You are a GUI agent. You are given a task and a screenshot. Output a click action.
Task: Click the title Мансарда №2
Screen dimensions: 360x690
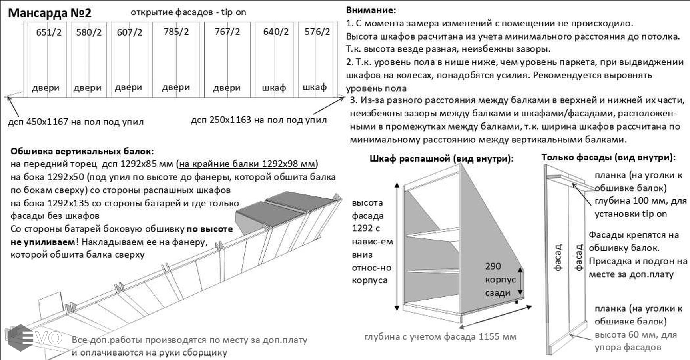click(x=50, y=13)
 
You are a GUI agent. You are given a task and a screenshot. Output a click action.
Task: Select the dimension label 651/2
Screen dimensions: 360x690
click(x=49, y=32)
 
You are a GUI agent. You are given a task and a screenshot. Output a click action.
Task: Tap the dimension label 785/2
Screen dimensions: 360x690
click(x=176, y=32)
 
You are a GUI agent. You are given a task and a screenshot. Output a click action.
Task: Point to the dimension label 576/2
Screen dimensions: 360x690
click(x=317, y=32)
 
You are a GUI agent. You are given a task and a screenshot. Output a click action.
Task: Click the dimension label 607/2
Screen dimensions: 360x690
click(x=129, y=32)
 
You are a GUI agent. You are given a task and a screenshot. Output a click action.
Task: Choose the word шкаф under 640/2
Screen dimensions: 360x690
click(x=274, y=88)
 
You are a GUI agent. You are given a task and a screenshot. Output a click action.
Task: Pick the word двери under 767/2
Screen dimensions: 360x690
click(x=227, y=88)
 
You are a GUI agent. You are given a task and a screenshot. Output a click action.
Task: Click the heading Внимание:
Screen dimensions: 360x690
click(x=371, y=10)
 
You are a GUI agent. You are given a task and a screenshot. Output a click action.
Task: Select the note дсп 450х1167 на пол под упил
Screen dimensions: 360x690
click(x=76, y=122)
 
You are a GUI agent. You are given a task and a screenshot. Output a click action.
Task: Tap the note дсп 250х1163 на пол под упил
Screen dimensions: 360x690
click(x=259, y=120)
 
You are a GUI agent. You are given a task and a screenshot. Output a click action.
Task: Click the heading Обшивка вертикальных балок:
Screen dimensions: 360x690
click(x=82, y=151)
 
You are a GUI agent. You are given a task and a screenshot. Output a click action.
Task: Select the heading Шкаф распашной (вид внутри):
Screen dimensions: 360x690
click(x=441, y=158)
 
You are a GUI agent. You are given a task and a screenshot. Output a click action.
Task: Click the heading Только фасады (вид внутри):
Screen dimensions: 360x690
click(x=608, y=157)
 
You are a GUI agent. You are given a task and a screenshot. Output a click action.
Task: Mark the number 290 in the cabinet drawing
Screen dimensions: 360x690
click(x=493, y=266)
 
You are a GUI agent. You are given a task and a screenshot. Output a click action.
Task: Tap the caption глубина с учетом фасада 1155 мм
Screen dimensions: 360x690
click(x=440, y=336)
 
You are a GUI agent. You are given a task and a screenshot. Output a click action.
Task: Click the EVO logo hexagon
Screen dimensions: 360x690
click(x=20, y=338)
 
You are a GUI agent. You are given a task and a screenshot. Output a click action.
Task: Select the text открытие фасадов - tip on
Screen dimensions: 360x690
click(x=188, y=12)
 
